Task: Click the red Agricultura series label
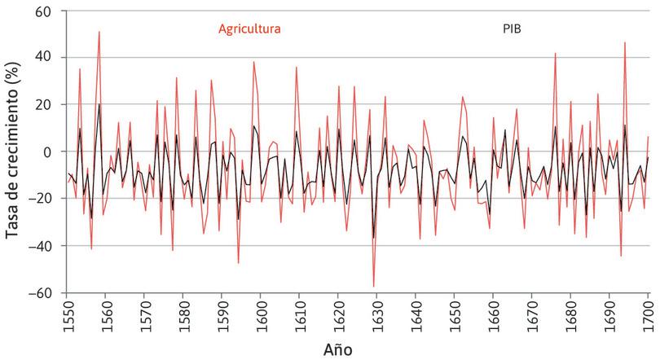point(249,29)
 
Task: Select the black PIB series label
point(511,29)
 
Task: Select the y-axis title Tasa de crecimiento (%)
point(13,152)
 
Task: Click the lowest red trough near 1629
point(374,287)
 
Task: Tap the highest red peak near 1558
point(99,33)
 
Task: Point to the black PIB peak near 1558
point(99,104)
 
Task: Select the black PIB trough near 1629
point(374,238)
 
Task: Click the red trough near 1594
point(239,263)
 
